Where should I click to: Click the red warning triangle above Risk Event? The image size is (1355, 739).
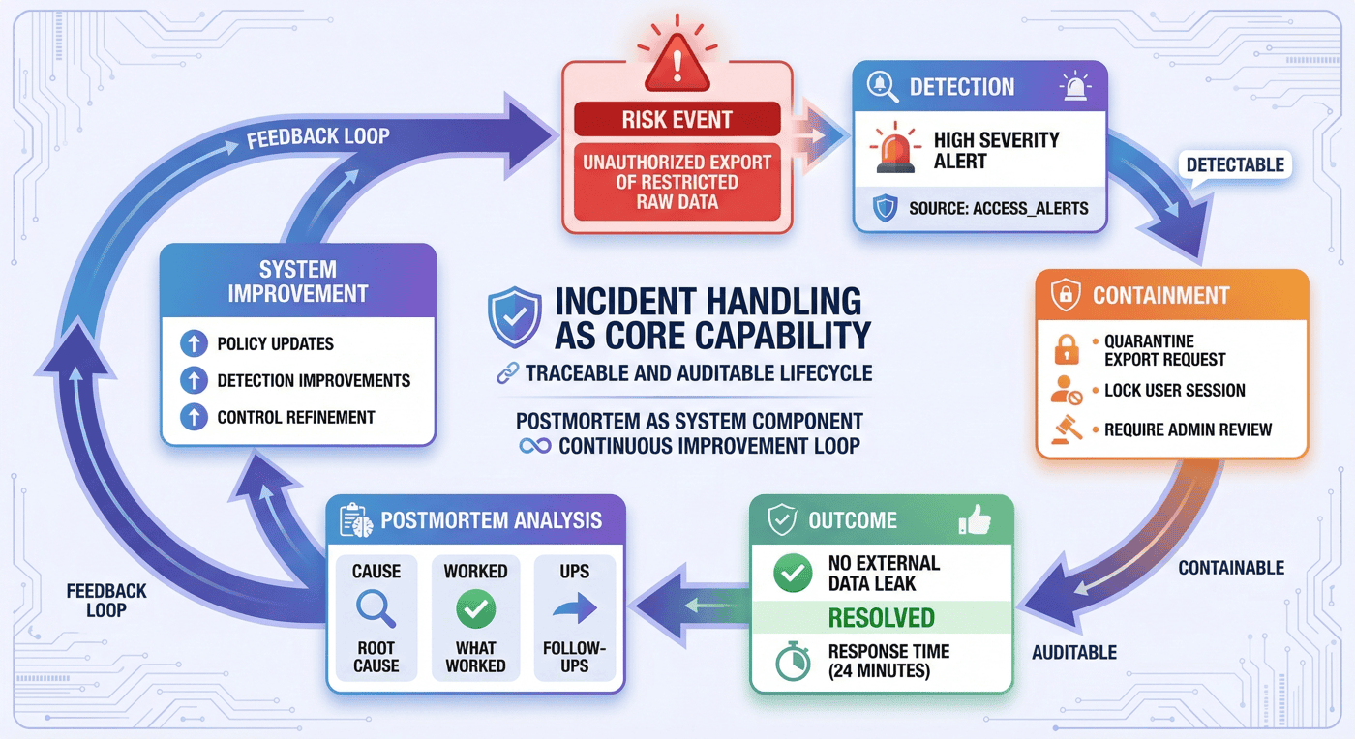click(x=677, y=64)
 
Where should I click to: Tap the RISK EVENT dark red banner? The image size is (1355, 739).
click(x=677, y=119)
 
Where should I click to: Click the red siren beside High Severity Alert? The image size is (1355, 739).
click(x=894, y=150)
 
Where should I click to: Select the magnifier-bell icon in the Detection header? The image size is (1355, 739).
click(x=882, y=86)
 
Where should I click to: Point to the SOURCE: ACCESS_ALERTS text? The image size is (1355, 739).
click(x=998, y=209)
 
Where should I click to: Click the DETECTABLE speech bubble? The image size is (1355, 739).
click(x=1235, y=165)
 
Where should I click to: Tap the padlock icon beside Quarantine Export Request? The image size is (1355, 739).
click(x=1066, y=349)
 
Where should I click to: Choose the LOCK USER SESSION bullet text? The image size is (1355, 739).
click(x=1175, y=391)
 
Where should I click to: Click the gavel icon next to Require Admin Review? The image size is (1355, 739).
click(x=1067, y=429)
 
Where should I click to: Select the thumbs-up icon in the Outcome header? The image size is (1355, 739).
click(x=975, y=519)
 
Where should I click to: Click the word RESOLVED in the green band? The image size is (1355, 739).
click(x=882, y=618)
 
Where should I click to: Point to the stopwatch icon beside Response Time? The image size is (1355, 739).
click(x=793, y=661)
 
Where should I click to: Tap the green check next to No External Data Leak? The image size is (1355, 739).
click(x=793, y=573)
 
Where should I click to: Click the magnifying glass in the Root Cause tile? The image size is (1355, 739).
click(x=376, y=609)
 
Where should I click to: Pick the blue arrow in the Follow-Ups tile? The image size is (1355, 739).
click(x=575, y=607)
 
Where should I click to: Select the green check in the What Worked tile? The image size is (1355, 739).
click(x=475, y=609)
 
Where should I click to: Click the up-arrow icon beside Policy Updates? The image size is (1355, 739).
click(x=194, y=343)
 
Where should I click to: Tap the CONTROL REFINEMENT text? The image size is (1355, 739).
click(x=296, y=417)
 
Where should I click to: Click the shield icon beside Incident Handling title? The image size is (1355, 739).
click(x=514, y=317)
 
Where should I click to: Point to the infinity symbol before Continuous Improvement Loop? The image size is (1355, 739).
click(x=534, y=446)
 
